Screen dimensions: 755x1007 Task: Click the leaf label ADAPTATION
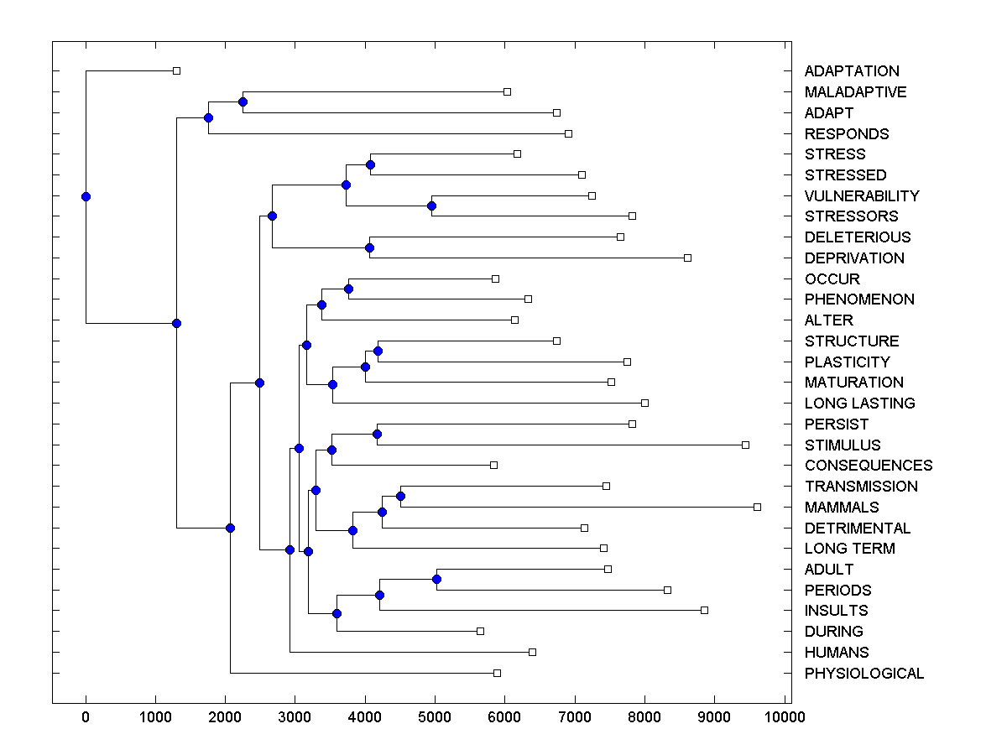click(851, 71)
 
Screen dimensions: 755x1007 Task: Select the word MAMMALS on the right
click(842, 508)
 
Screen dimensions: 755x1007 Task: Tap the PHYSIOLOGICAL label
click(864, 674)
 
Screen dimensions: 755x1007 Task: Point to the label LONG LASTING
click(859, 404)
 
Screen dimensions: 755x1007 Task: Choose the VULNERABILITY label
click(862, 196)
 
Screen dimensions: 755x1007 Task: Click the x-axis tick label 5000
click(435, 716)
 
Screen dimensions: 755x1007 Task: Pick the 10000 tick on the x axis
click(785, 716)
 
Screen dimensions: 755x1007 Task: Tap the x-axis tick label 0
click(86, 716)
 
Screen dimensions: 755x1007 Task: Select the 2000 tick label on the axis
click(225, 716)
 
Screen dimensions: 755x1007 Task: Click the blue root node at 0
click(86, 196)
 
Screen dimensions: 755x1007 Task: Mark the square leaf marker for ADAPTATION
click(176, 70)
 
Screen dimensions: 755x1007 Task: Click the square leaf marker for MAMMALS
click(757, 507)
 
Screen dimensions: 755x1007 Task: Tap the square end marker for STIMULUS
click(745, 445)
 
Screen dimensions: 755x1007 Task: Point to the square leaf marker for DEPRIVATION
click(687, 258)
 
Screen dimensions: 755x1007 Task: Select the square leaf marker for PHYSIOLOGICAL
click(497, 673)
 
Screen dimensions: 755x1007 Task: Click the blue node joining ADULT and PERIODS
click(436, 580)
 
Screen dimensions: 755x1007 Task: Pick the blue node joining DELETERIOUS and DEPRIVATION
click(369, 247)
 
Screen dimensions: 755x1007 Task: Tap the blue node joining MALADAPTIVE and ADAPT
click(243, 102)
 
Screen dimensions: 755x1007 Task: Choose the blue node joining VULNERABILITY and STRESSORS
click(431, 206)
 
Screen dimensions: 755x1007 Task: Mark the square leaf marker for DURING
click(480, 631)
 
